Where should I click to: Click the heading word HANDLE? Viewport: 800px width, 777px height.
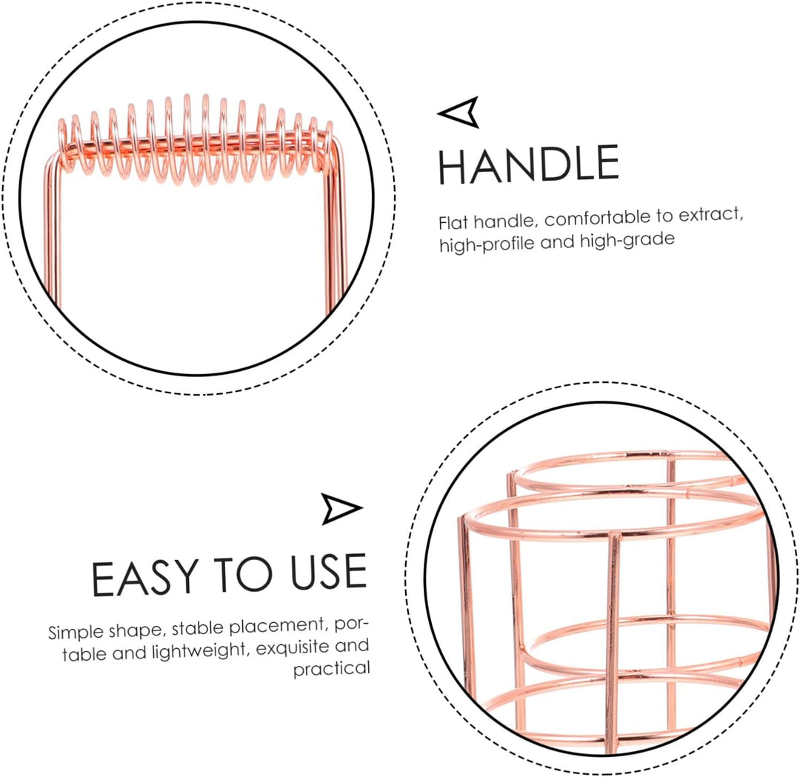(529, 164)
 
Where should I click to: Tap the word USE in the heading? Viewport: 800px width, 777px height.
(329, 572)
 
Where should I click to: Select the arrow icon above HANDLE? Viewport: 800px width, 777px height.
(459, 112)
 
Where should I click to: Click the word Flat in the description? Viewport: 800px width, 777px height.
(453, 222)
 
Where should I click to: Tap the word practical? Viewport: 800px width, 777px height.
(332, 669)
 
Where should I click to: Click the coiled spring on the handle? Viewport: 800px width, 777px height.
(196, 140)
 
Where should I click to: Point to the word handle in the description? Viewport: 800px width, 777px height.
(504, 221)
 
